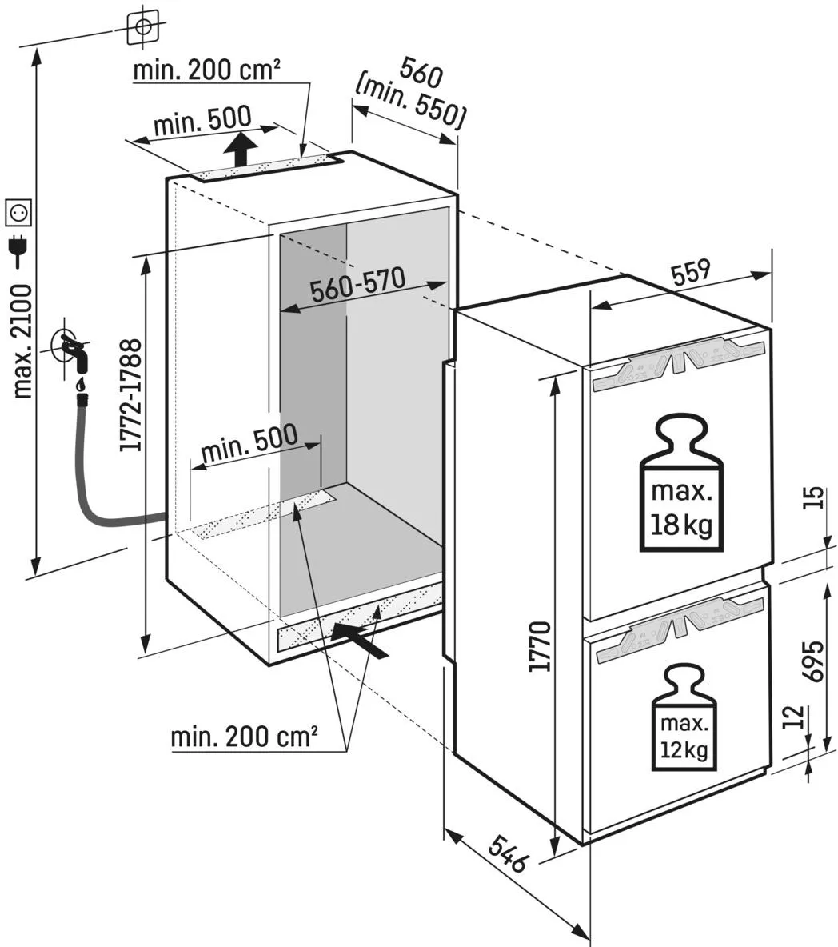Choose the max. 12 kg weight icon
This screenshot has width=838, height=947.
point(684,719)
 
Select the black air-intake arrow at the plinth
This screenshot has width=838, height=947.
point(359,639)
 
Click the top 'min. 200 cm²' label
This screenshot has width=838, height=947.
point(206,70)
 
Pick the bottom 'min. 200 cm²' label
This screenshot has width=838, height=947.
point(244,736)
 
